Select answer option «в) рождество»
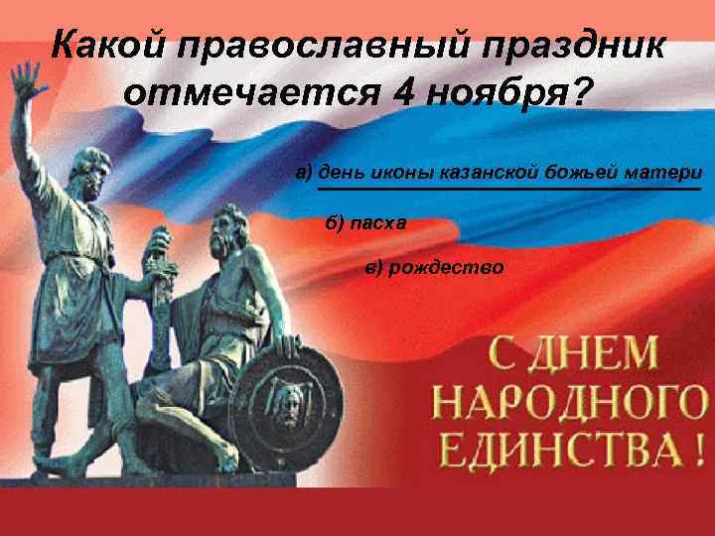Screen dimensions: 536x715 (x=434, y=267)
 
